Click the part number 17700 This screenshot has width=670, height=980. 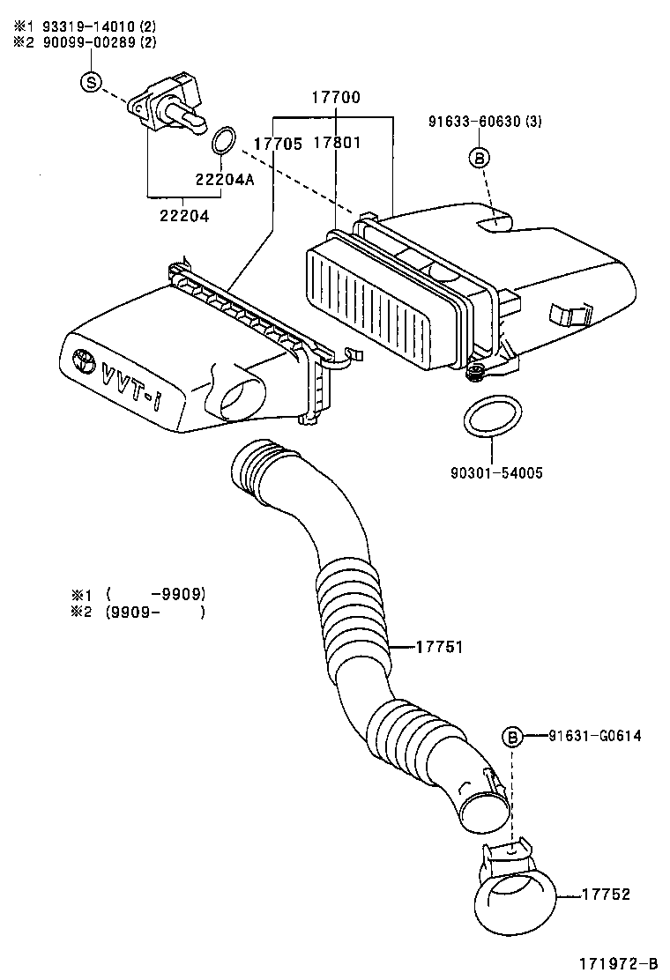[x=334, y=98]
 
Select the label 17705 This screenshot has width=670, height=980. [x=279, y=143]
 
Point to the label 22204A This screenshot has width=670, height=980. [x=224, y=179]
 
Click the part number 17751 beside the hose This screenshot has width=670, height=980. [x=438, y=648]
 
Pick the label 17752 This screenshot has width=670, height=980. [x=606, y=894]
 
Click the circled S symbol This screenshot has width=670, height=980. [x=91, y=82]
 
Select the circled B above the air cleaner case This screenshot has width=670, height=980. [x=478, y=158]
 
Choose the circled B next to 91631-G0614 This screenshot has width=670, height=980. [x=512, y=737]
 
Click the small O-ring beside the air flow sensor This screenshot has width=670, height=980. [x=224, y=139]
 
